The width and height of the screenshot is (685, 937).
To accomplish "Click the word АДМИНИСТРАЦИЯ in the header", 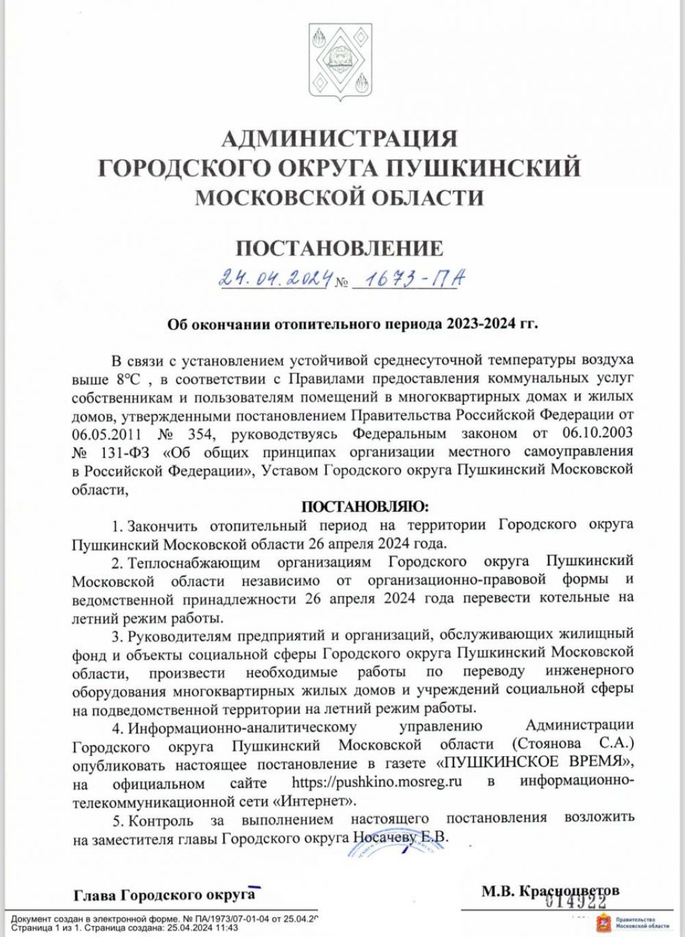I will click(x=340, y=138).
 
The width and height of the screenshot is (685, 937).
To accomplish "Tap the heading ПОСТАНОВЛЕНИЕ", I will click(x=340, y=248).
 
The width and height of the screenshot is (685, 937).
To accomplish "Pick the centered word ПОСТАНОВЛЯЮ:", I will click(x=364, y=507).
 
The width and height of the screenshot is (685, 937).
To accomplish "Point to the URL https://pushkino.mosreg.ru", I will click(x=376, y=782).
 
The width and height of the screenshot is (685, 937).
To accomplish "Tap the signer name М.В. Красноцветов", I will click(x=550, y=890).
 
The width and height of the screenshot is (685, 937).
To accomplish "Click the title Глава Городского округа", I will click(x=164, y=895).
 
